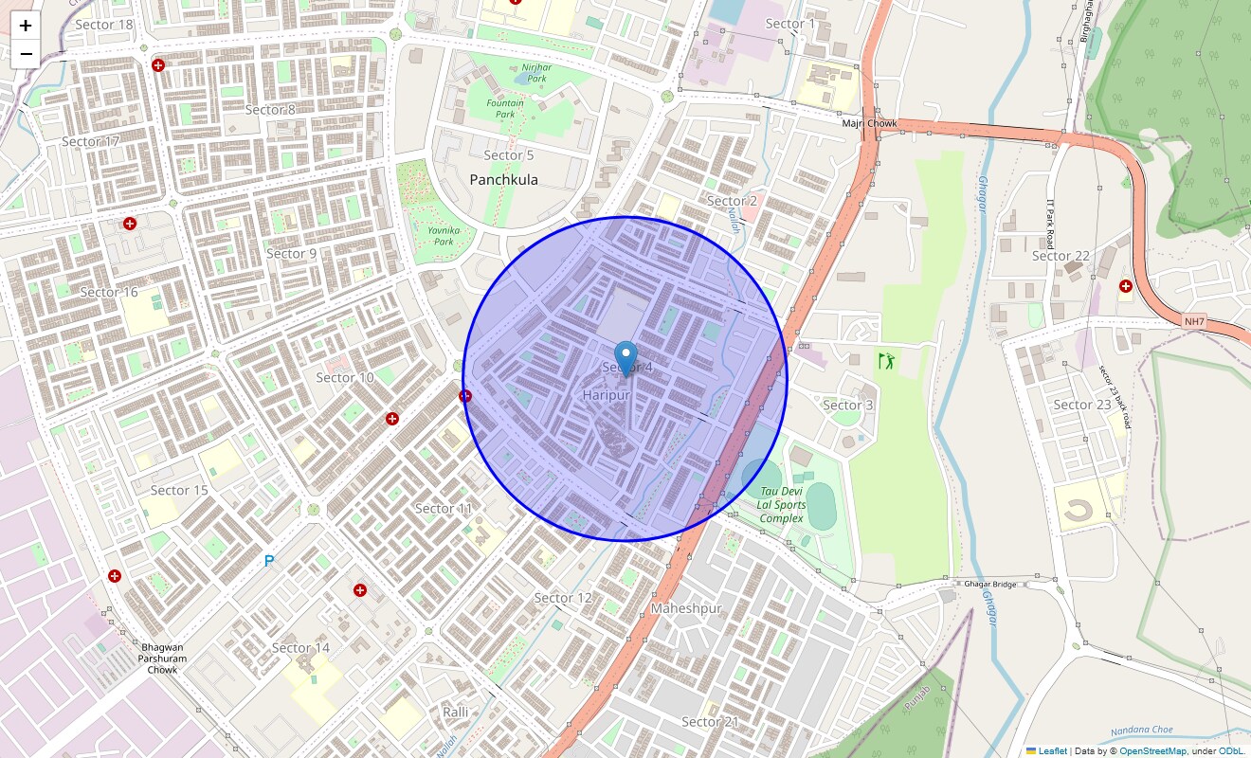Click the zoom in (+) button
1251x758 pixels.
click(26, 26)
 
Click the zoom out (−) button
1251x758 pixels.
click(26, 54)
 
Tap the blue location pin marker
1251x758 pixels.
click(625, 359)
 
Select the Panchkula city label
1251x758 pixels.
click(503, 179)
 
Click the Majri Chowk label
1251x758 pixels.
click(869, 123)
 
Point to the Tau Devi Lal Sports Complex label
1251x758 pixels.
click(781, 505)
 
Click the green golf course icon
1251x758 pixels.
click(886, 361)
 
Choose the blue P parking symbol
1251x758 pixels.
click(269, 562)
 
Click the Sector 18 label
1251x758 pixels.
click(104, 24)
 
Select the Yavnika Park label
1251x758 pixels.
click(444, 236)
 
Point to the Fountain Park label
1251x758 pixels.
click(499, 108)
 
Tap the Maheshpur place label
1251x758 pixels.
click(686, 607)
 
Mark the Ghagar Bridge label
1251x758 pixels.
click(989, 584)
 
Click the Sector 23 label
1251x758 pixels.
click(1081, 405)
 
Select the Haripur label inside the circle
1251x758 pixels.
click(607, 394)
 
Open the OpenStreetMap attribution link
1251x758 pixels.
click(1152, 751)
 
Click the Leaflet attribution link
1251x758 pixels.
click(1052, 751)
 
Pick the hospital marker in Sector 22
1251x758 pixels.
click(1126, 286)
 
